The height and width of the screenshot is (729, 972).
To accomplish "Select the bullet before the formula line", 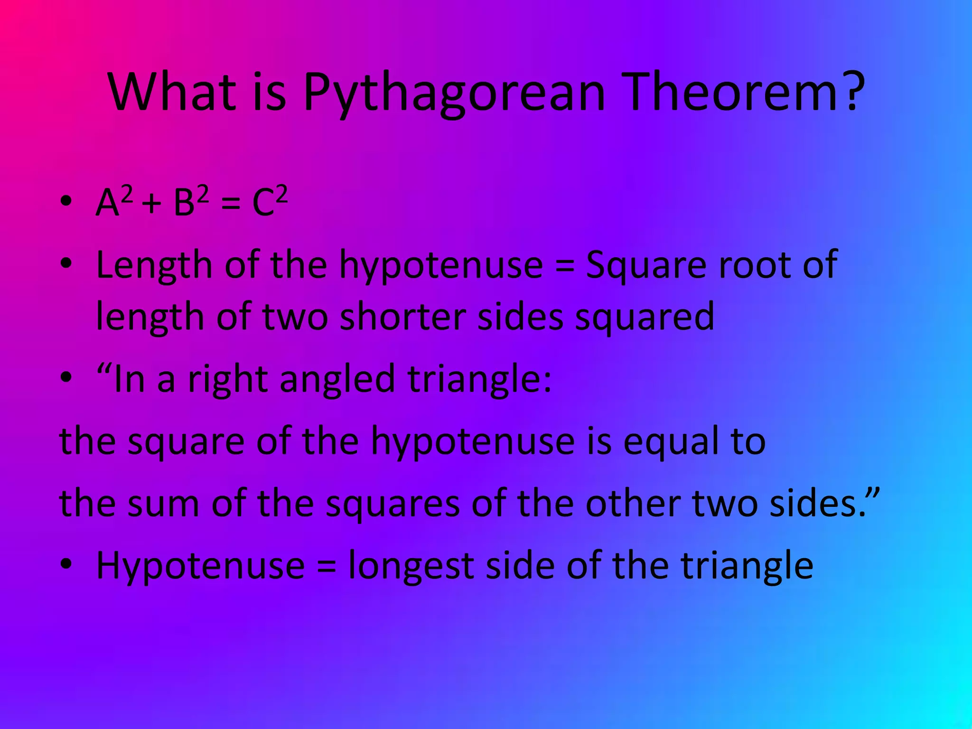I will tap(66, 201).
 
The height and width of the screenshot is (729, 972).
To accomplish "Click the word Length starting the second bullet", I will tap(154, 266).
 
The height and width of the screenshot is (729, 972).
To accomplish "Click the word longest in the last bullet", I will tap(411, 567).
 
